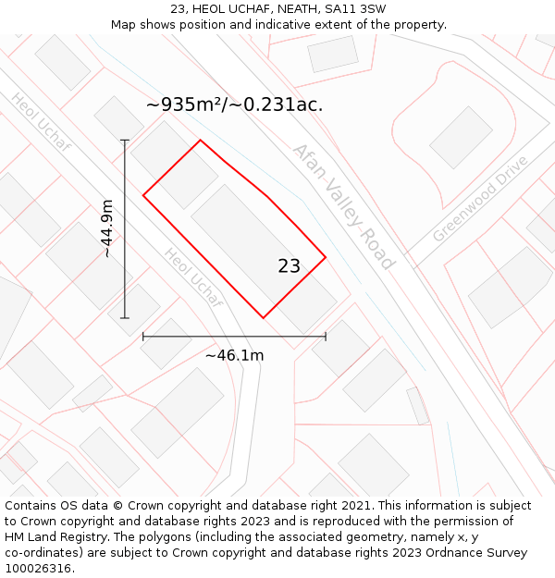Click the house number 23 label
pos(289,266)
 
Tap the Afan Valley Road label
pos(343,206)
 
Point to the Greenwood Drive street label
pos(480,199)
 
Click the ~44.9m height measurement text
pos(107,228)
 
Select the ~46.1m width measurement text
pos(234,355)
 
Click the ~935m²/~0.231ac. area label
pos(234,105)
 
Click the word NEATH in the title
pos(291,9)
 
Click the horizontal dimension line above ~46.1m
pos(234,337)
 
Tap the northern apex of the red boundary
pos(201,141)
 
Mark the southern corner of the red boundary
pos(264,318)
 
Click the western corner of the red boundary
pos(143,195)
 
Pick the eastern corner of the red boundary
pos(326,257)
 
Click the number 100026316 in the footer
pos(37,569)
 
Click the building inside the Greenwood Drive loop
pos(461,137)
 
